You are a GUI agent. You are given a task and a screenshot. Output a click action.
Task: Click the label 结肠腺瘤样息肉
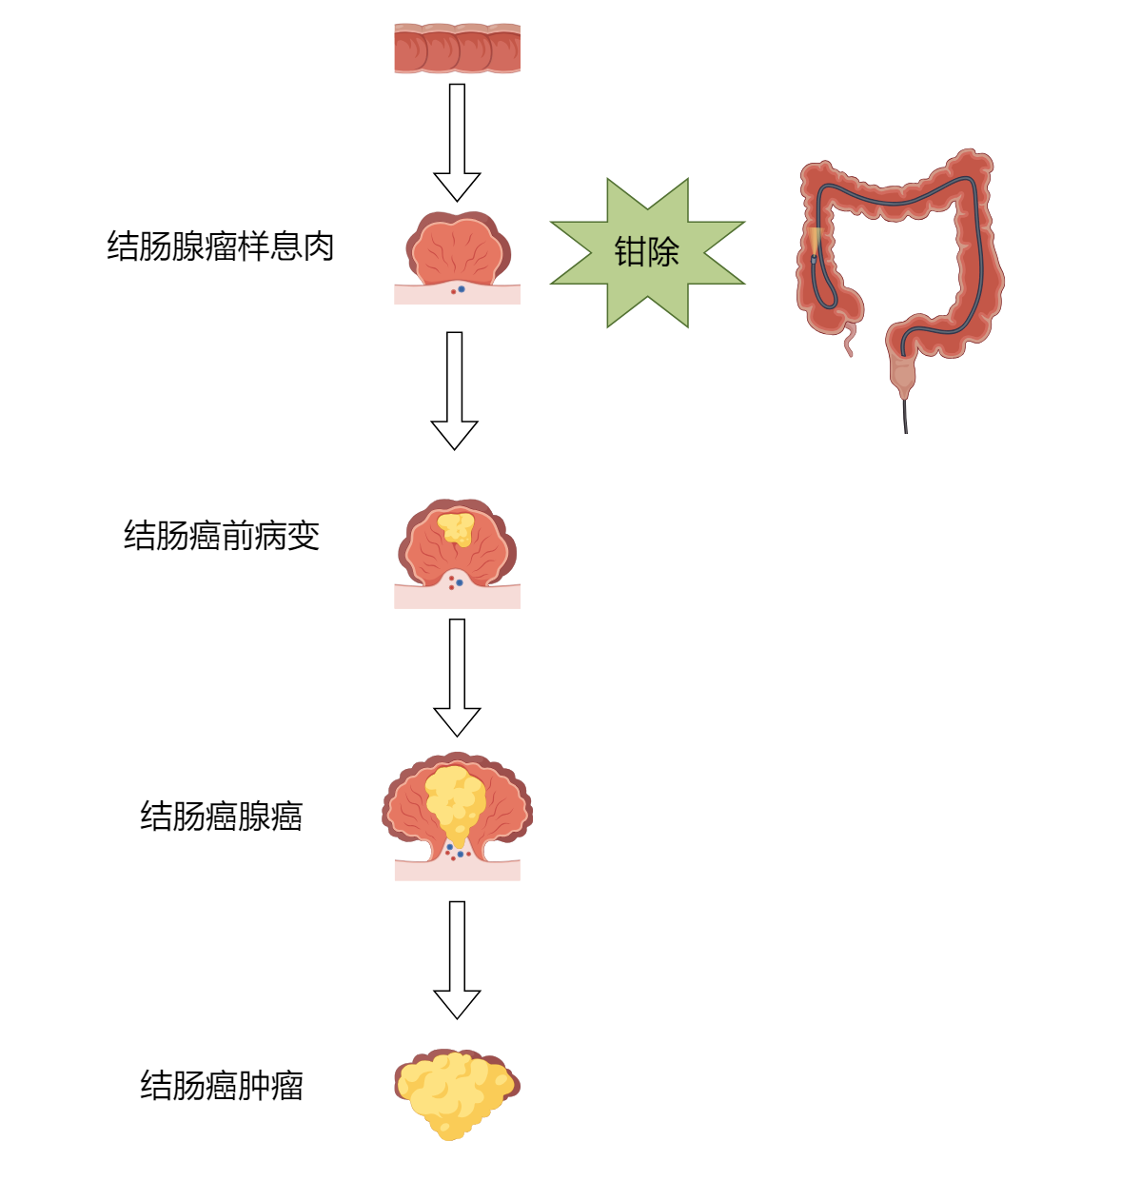(221, 246)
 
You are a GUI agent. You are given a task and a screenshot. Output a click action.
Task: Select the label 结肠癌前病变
(222, 535)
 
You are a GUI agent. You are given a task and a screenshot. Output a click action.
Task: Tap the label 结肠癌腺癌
(222, 816)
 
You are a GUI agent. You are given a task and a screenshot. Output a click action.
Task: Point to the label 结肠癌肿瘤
(222, 1085)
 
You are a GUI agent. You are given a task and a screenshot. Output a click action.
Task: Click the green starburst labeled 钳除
(647, 252)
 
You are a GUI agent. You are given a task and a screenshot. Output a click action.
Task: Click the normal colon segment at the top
(457, 48)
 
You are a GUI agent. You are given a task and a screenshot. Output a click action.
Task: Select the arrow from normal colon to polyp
(457, 143)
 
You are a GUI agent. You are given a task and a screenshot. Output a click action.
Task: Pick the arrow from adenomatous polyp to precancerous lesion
(455, 391)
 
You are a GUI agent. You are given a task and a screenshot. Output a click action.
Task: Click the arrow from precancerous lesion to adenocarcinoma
(457, 678)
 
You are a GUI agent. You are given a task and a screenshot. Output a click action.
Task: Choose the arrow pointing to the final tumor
(457, 960)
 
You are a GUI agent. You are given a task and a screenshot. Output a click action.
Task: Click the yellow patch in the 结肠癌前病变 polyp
(456, 529)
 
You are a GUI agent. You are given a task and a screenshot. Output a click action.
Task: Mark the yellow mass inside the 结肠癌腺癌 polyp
(455, 804)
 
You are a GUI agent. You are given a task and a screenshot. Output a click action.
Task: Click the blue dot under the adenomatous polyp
(462, 289)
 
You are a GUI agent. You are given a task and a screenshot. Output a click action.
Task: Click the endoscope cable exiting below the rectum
(906, 416)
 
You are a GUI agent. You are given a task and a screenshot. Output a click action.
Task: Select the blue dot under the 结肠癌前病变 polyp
(460, 582)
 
